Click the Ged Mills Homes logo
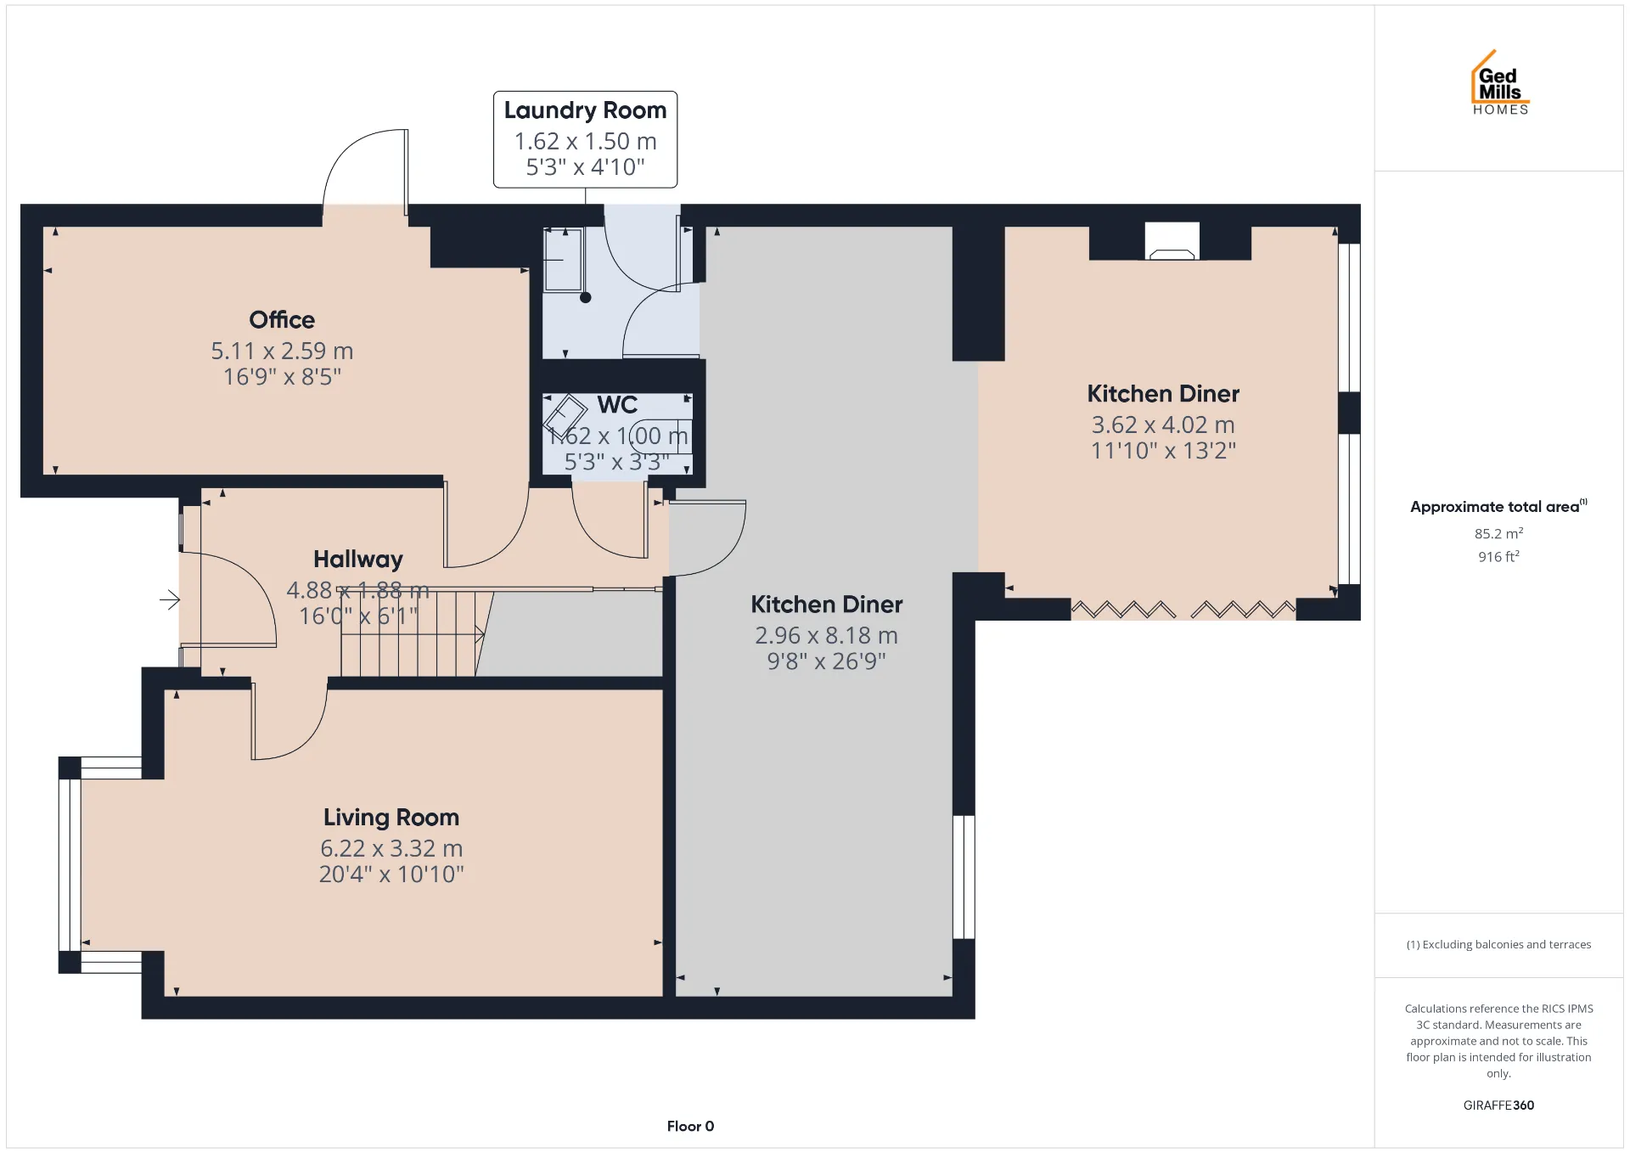[x=1500, y=82]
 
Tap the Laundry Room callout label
[x=585, y=139]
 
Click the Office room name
[x=282, y=320]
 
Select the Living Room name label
[x=391, y=818]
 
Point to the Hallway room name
[x=358, y=560]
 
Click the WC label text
[x=617, y=405]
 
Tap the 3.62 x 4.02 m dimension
[x=1163, y=425]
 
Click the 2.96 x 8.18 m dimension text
[x=826, y=635]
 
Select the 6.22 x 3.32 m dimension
[x=391, y=848]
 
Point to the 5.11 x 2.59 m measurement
[x=282, y=351]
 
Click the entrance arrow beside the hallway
[x=170, y=600]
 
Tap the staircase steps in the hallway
[x=408, y=633]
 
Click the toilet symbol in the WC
[x=661, y=436]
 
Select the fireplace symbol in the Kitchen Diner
[x=1172, y=241]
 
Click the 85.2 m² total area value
[x=1498, y=533]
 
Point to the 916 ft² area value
[x=1498, y=556]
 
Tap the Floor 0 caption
[x=690, y=1127]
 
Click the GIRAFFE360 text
[x=1498, y=1105]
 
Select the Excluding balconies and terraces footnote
[x=1498, y=944]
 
